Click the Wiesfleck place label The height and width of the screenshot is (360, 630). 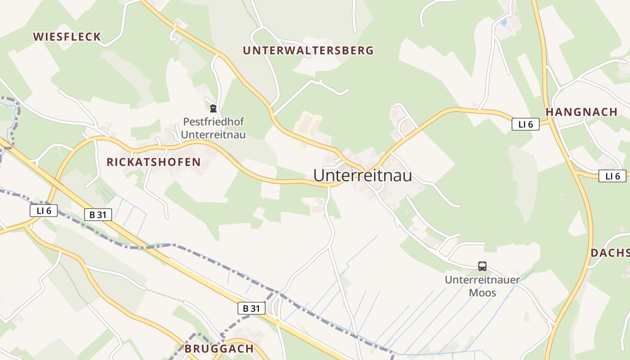(67, 37)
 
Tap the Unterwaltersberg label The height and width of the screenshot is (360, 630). (308, 50)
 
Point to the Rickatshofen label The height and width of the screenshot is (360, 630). (153, 162)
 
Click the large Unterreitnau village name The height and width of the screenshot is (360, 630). (362, 175)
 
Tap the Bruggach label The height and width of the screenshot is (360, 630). (219, 349)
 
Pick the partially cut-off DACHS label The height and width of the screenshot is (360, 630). (610, 253)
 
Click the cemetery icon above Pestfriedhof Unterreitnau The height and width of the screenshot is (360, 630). (213, 108)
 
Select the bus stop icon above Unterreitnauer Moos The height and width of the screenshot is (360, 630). (482, 266)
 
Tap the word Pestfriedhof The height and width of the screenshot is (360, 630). (214, 122)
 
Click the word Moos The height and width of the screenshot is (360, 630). (482, 292)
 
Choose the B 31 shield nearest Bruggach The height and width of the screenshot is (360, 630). (252, 308)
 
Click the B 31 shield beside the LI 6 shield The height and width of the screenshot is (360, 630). (98, 215)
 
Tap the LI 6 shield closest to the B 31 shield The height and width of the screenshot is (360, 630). (44, 210)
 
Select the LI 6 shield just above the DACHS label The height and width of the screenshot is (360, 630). (612, 176)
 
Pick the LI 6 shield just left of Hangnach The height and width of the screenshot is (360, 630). (525, 125)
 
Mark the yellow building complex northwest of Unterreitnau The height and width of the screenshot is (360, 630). (308, 127)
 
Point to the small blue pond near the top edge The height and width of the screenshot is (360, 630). (504, 22)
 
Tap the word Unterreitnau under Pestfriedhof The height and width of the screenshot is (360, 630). (214, 135)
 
